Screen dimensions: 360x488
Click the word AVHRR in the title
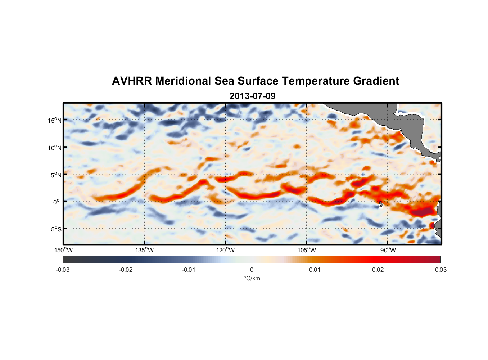[132, 81]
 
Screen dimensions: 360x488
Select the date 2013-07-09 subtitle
[252, 96]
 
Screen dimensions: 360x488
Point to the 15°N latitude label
[55, 120]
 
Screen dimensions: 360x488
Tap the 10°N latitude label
[55, 148]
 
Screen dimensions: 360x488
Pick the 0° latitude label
[57, 202]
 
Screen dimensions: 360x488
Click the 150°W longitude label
[63, 250]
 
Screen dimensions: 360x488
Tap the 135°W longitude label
[144, 250]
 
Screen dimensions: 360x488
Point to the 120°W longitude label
[225, 250]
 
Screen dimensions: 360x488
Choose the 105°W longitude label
[307, 250]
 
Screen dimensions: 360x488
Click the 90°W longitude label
[388, 250]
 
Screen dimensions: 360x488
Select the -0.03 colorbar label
[63, 270]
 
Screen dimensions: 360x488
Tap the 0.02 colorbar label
[378, 270]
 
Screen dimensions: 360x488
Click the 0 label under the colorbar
[252, 270]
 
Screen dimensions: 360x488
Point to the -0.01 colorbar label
[189, 270]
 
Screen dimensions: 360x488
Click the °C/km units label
[252, 278]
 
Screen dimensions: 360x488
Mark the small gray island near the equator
[381, 204]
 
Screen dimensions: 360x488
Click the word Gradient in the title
[376, 81]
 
